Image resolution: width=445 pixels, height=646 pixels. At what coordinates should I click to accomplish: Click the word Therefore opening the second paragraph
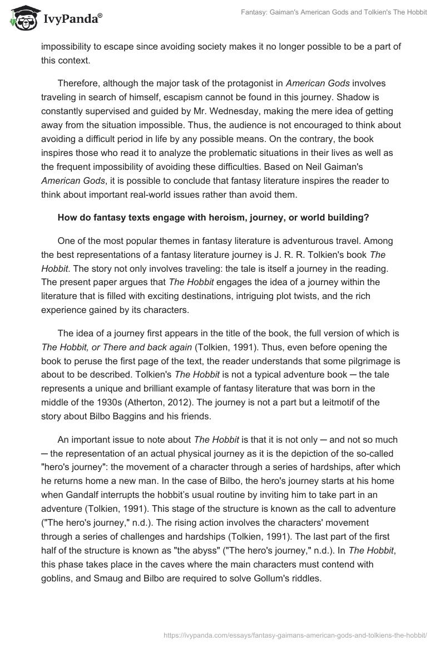point(81,83)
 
